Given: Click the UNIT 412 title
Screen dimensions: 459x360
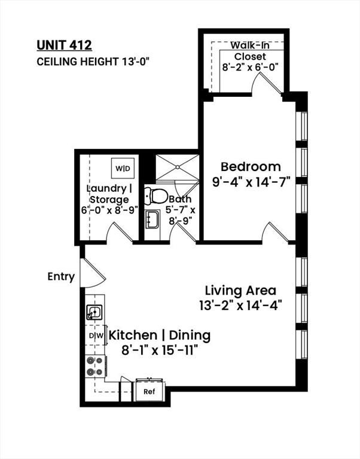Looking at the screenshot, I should [65, 44].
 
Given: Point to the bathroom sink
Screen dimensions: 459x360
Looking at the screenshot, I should [150, 218].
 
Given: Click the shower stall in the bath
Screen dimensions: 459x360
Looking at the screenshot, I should [176, 167].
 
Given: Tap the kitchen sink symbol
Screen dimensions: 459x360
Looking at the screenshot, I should [94, 311].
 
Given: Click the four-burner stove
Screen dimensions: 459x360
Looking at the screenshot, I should [96, 366].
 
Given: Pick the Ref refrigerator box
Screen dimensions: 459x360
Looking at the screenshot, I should [149, 392].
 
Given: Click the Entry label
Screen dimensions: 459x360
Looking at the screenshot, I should [62, 277].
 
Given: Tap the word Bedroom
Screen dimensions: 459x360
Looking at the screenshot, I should [251, 167].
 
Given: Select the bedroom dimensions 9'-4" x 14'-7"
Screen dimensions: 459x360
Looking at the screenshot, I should [251, 182].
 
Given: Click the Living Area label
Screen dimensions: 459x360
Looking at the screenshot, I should [240, 290].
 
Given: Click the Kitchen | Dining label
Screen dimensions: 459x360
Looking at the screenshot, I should [159, 335].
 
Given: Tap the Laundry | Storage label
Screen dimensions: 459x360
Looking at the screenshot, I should [107, 194].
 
